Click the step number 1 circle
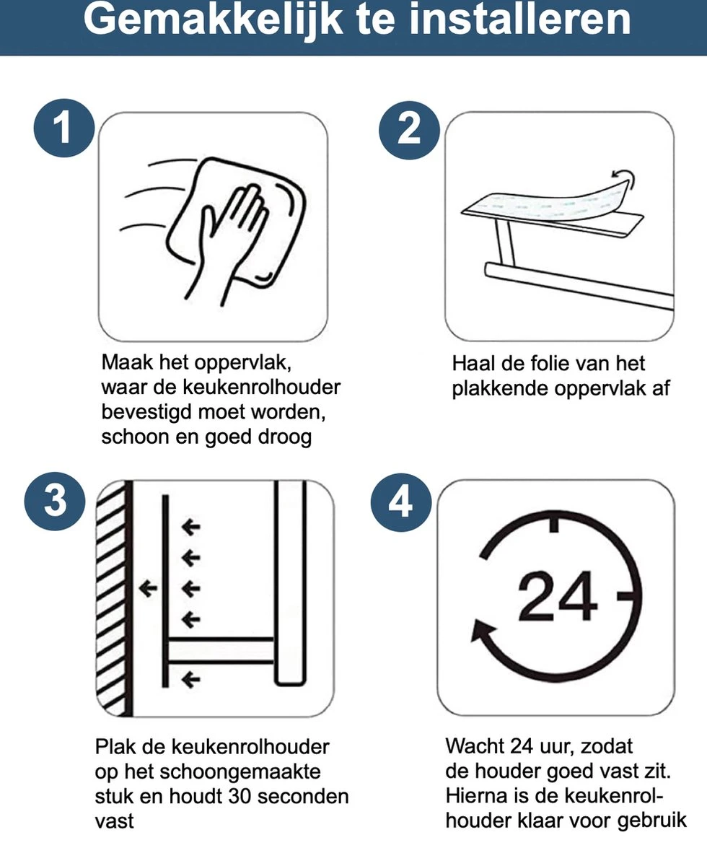[x=64, y=128]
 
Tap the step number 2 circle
[x=409, y=130]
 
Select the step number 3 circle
[x=55, y=501]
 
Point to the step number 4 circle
[x=400, y=502]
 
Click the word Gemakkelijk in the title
[x=213, y=20]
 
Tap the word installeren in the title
[x=520, y=19]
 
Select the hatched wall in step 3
[x=111, y=600]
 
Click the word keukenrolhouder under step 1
[x=261, y=388]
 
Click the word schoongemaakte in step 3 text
[x=240, y=772]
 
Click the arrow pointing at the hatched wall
[x=148, y=588]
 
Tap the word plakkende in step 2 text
[x=501, y=388]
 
